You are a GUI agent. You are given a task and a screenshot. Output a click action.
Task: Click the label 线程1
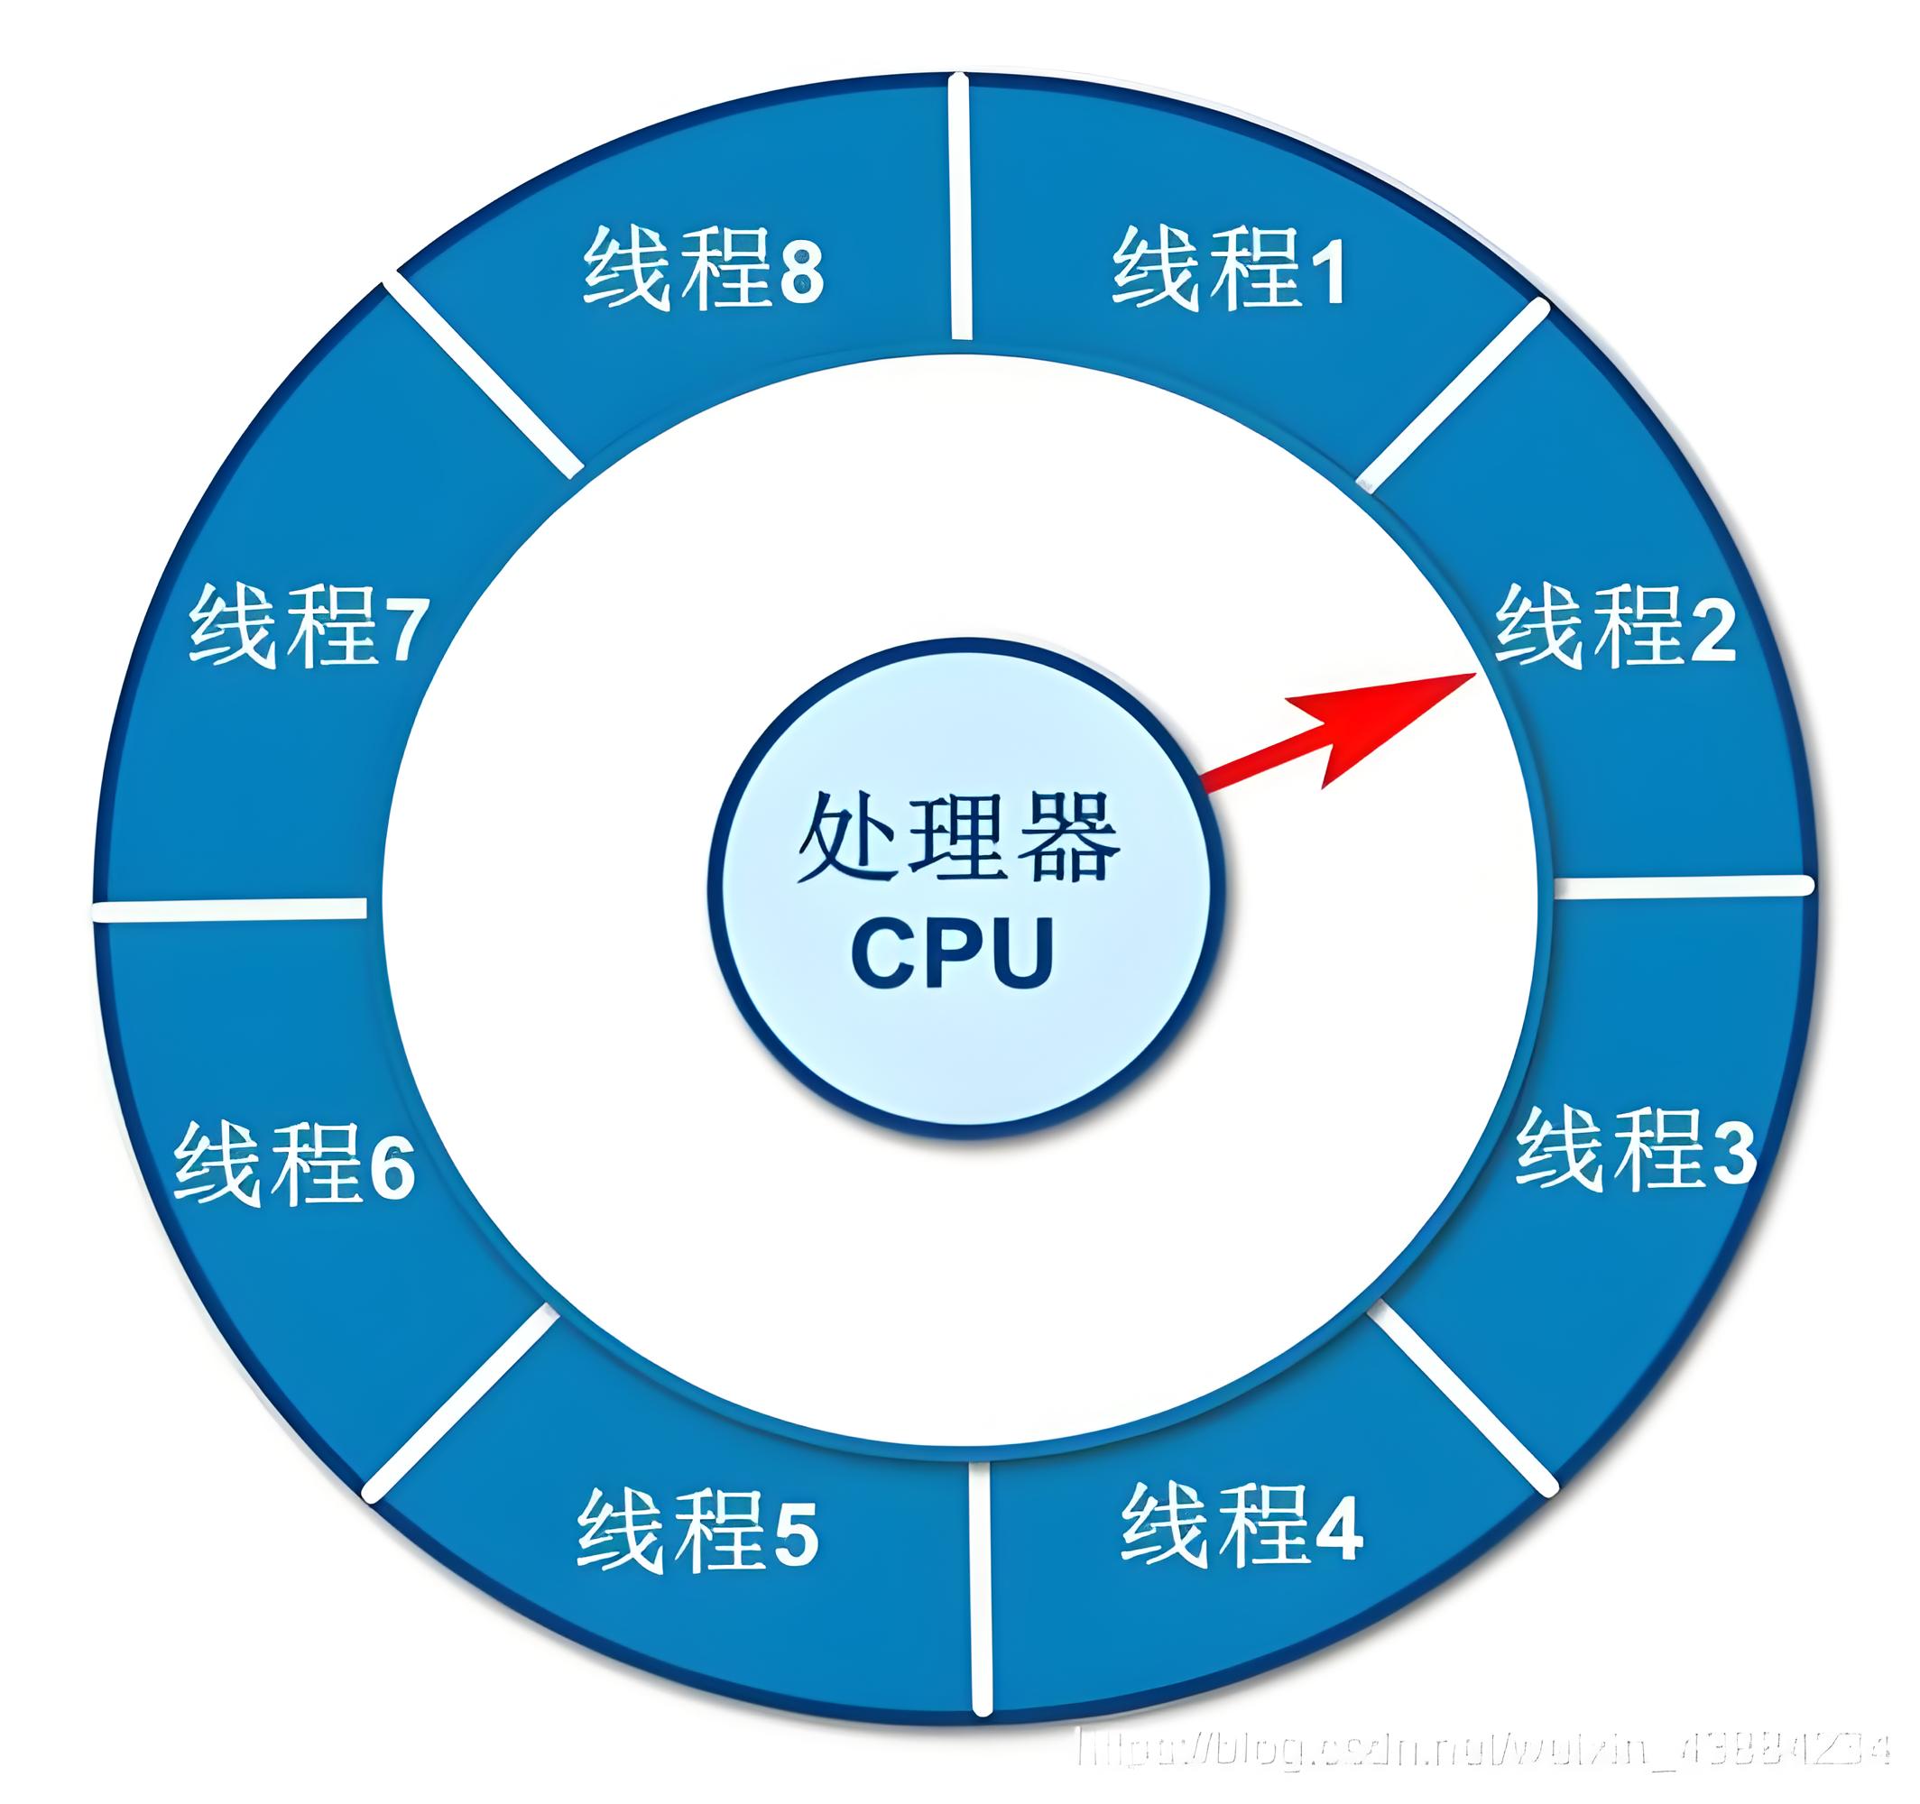point(1229,270)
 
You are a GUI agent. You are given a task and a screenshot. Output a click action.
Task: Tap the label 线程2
point(1616,627)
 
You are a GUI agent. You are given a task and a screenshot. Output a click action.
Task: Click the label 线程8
point(703,270)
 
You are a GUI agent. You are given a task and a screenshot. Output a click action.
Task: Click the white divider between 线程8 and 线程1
point(959,207)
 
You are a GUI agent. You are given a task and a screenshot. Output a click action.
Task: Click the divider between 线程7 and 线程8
point(483,377)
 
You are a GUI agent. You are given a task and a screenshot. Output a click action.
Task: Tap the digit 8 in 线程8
point(801,273)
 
